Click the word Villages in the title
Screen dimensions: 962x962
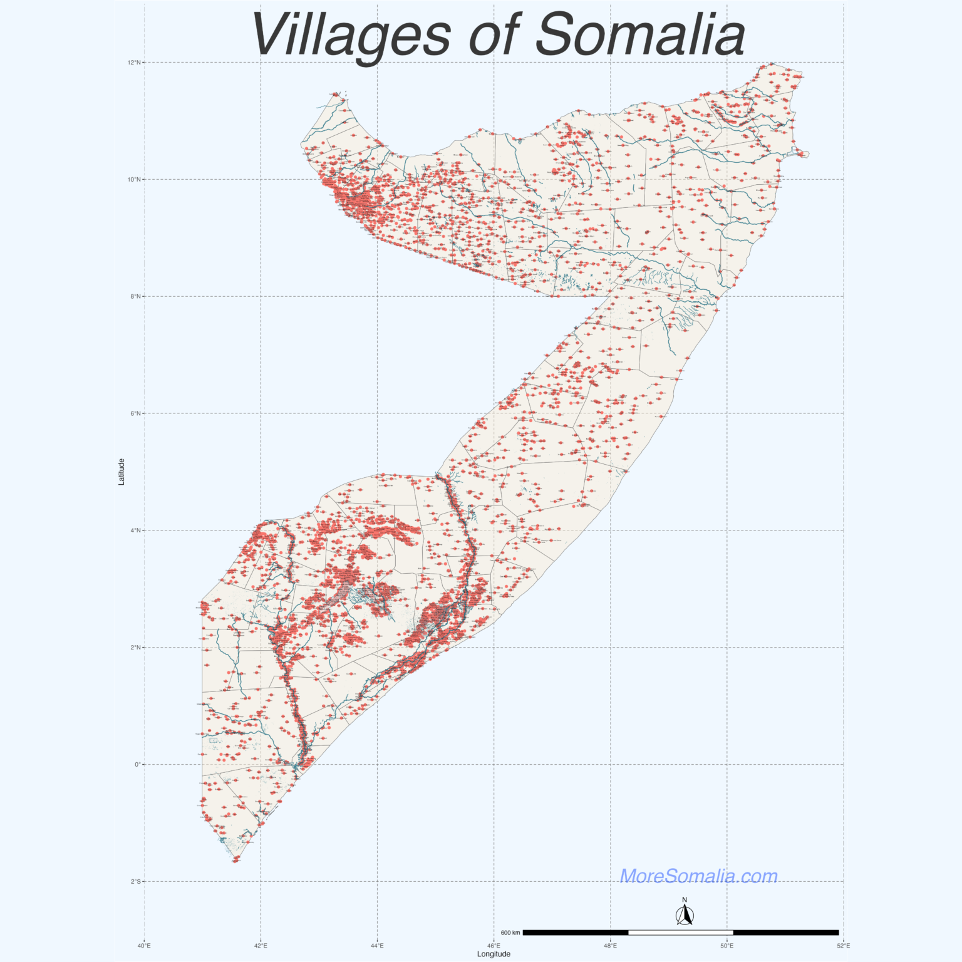351,35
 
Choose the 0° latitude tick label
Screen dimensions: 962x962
138,765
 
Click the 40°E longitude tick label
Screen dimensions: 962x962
144,946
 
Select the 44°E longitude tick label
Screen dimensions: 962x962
377,946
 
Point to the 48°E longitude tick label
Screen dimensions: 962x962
610,946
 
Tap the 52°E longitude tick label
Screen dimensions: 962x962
843,946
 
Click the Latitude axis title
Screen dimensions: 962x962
122,472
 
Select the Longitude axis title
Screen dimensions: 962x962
494,954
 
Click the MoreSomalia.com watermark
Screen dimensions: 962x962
698,876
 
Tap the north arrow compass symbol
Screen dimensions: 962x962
685,913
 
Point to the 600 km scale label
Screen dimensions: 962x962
510,933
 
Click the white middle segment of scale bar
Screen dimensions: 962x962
681,933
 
